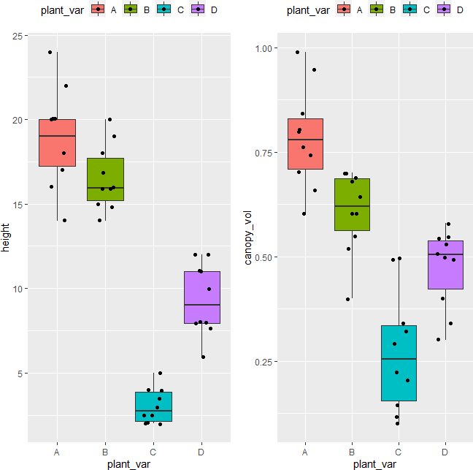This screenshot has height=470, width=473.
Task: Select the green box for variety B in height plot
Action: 105,179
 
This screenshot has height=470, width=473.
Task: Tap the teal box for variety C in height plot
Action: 153,406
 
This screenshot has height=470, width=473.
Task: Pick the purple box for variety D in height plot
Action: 202,297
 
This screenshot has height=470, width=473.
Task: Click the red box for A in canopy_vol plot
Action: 305,144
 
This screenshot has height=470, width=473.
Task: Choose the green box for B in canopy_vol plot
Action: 352,205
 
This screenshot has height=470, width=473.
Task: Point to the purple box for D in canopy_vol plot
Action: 445,265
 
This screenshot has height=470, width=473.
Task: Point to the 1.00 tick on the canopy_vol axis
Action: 261,48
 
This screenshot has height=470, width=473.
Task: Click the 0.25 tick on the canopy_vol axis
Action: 261,362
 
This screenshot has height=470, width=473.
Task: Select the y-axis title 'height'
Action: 7,238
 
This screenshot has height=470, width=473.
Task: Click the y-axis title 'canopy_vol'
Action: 249,238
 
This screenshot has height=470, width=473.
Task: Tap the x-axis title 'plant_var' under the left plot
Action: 129,463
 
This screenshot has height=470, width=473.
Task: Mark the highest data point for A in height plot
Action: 50,52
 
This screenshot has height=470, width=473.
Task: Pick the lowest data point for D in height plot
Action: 203,357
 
